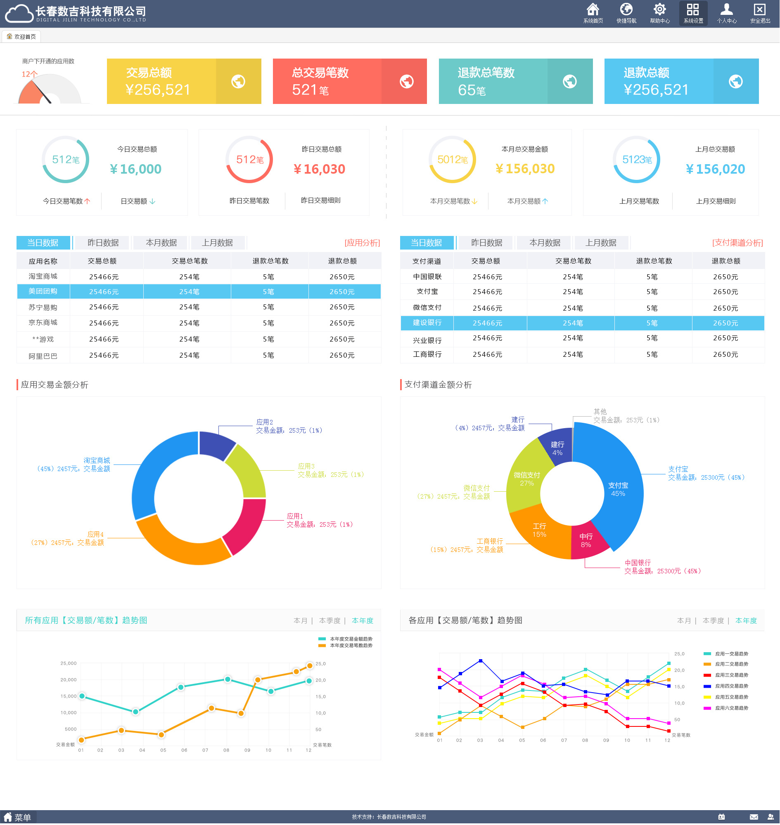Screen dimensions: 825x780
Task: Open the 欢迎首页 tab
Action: (x=21, y=37)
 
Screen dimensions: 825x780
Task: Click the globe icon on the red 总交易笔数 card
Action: (x=406, y=81)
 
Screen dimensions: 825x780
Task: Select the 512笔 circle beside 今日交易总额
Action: (x=66, y=160)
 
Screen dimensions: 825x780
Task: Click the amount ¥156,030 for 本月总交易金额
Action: (x=525, y=169)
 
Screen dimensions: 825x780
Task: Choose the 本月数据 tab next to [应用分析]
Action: (x=161, y=243)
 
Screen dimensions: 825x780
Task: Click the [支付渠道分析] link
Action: (x=737, y=243)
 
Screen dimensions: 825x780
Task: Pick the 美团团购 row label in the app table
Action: (x=43, y=292)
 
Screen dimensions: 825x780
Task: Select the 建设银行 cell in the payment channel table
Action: (x=427, y=323)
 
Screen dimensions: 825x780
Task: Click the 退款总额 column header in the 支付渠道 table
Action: (x=726, y=261)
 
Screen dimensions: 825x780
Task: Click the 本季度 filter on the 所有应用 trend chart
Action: (x=330, y=621)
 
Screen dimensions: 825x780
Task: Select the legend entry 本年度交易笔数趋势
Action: (x=351, y=646)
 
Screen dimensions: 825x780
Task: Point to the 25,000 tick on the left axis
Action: (x=69, y=663)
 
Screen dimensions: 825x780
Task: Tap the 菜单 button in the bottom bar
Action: (x=18, y=818)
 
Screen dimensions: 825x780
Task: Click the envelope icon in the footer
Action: (x=754, y=817)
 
